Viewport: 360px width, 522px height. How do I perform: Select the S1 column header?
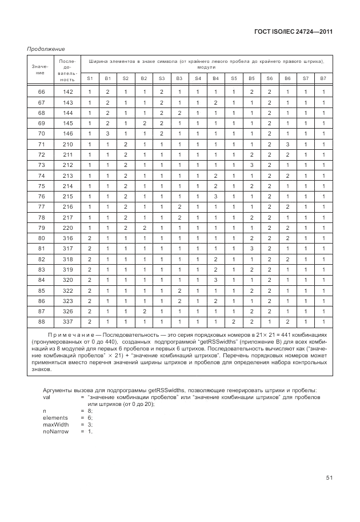pos(90,78)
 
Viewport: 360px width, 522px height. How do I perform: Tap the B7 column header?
pos(323,78)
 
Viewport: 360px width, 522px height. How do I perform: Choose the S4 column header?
pos(198,78)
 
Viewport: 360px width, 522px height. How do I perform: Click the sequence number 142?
pos(68,92)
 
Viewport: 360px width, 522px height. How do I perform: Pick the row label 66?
pos(41,92)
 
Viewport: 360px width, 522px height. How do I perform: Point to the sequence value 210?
pos(68,144)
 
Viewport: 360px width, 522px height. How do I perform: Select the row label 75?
pos(41,186)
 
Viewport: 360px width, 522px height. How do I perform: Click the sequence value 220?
pos(68,228)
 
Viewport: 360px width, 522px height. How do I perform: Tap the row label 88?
pos(41,321)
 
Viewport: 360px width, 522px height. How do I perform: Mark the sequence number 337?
pos(68,321)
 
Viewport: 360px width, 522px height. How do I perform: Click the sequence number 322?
pos(68,290)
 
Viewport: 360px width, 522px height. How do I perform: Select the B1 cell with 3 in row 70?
pos(107,134)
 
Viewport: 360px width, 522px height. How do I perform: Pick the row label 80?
pos(41,238)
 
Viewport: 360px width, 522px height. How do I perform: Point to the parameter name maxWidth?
pos(55,424)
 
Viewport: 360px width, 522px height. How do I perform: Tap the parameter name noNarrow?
pos(55,431)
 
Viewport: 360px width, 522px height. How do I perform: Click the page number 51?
pos(329,477)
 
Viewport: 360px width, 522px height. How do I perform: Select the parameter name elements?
pos(54,417)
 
